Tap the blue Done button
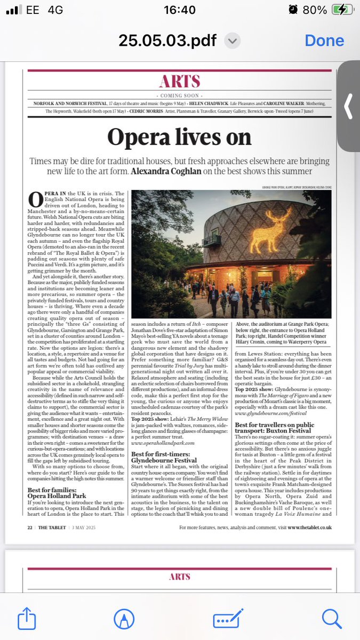[x=324, y=41]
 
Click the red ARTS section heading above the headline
[x=180, y=81]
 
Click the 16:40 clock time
[x=180, y=10]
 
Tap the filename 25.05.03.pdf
[x=168, y=41]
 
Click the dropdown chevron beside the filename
[x=231, y=41]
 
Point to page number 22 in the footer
[x=29, y=527]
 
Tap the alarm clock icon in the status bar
[x=293, y=10]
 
